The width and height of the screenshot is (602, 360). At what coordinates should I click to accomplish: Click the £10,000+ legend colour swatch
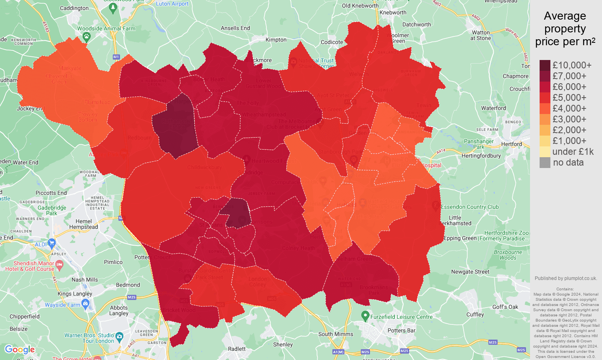[x=545, y=65]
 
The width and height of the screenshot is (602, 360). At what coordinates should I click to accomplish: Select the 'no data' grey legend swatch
[x=545, y=162]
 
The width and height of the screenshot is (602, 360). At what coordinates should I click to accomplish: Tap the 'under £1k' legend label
[x=573, y=152]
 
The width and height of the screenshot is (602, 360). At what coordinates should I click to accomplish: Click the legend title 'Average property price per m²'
[x=565, y=29]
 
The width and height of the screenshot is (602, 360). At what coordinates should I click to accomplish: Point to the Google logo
[x=20, y=350]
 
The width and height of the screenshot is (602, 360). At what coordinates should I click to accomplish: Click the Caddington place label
[x=74, y=8]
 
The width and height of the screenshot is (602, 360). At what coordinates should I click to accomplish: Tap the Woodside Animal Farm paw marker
[x=87, y=37]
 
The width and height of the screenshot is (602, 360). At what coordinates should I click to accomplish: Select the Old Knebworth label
[x=360, y=6]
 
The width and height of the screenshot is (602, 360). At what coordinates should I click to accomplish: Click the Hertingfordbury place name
[x=481, y=156]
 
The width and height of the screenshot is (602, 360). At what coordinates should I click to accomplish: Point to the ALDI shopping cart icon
[x=52, y=243]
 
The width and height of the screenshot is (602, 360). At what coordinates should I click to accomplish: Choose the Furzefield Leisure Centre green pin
[x=365, y=316]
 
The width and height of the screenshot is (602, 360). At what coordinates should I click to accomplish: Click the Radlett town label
[x=237, y=349]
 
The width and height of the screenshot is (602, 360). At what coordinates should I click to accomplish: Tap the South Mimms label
[x=336, y=334]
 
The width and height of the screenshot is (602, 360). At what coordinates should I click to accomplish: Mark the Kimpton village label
[x=276, y=40]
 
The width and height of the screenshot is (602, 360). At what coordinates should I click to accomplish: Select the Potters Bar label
[x=401, y=330]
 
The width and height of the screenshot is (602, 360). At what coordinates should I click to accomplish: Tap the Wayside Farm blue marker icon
[x=85, y=304]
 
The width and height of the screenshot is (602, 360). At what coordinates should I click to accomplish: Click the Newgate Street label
[x=470, y=272]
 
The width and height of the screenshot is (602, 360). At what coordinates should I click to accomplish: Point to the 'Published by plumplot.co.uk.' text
[x=566, y=278]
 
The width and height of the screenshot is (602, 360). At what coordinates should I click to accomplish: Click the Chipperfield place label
[x=24, y=316]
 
